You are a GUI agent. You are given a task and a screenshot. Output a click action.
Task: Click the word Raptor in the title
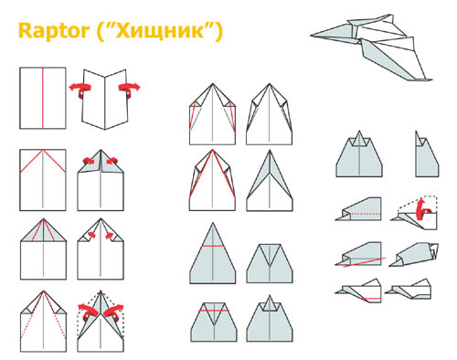point(54,31)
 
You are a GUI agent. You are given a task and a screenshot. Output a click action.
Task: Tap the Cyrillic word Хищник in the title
point(159,31)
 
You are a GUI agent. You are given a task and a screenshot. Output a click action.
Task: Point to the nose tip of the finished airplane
point(311,36)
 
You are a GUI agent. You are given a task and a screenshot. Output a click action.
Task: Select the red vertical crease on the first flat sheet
point(43,98)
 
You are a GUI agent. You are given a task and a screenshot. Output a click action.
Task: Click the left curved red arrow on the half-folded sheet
point(80,90)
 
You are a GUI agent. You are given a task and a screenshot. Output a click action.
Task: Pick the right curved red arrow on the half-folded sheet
point(129,90)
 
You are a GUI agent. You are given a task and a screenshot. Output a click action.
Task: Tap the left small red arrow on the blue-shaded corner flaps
point(89,160)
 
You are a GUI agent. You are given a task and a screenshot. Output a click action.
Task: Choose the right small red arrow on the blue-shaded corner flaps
point(112,160)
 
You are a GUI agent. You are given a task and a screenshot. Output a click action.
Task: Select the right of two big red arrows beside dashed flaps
point(113,313)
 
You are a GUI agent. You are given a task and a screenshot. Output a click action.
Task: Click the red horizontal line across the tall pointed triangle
point(213,246)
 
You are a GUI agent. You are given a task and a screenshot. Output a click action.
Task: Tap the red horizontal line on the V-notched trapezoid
point(214,311)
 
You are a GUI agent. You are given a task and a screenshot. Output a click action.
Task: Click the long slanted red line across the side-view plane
point(365,262)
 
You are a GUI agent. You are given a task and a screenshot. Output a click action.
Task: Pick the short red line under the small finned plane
point(370,299)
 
